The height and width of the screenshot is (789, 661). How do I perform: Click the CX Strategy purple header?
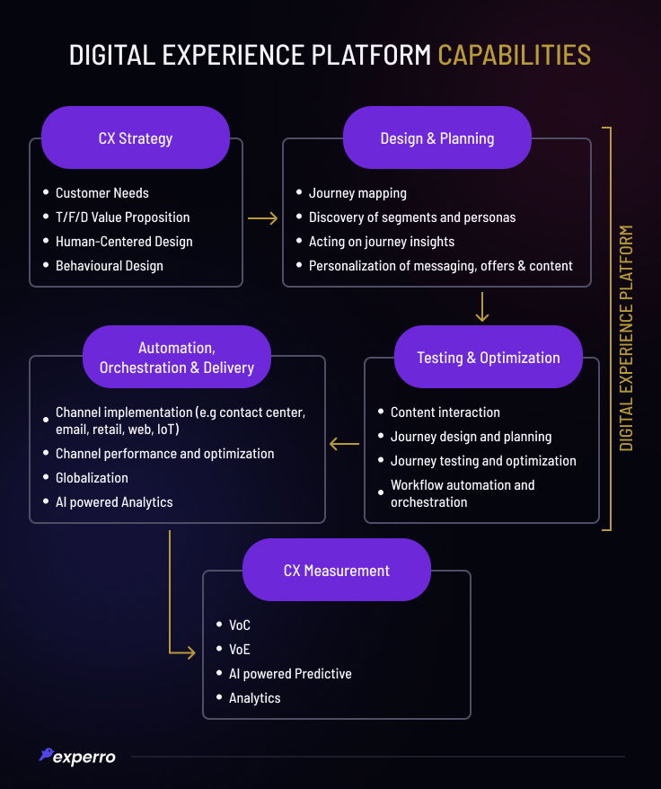[136, 138]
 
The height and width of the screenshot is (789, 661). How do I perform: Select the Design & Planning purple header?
[437, 138]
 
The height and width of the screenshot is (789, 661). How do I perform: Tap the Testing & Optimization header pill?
[489, 357]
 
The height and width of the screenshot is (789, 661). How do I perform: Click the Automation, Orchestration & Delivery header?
[177, 357]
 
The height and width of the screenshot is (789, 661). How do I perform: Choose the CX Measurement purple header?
[337, 570]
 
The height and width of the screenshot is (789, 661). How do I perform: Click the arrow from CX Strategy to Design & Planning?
[262, 217]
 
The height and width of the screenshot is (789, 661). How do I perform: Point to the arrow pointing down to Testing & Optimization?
[482, 306]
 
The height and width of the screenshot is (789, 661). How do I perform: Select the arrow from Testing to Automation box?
[344, 443]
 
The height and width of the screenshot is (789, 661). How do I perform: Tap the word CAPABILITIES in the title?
[514, 55]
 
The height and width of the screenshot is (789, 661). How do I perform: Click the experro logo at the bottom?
[78, 757]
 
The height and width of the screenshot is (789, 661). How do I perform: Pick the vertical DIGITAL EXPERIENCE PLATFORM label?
[627, 338]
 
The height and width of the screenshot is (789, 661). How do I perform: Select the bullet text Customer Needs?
[101, 193]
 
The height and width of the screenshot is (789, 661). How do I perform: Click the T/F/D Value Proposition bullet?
[122, 217]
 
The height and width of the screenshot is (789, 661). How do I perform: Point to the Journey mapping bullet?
[357, 193]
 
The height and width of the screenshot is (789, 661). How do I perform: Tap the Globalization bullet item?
[92, 478]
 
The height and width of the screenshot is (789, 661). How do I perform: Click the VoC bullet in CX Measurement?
[240, 625]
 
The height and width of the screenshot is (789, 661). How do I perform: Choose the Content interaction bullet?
[445, 412]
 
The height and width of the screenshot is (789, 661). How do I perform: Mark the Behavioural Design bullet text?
[109, 266]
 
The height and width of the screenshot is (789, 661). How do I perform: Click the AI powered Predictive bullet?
[290, 674]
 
